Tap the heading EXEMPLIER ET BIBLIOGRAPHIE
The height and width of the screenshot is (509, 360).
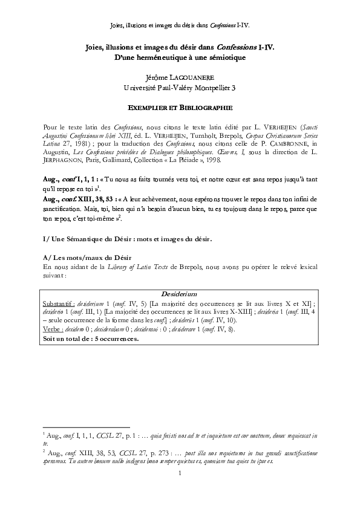[x=180, y=108]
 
